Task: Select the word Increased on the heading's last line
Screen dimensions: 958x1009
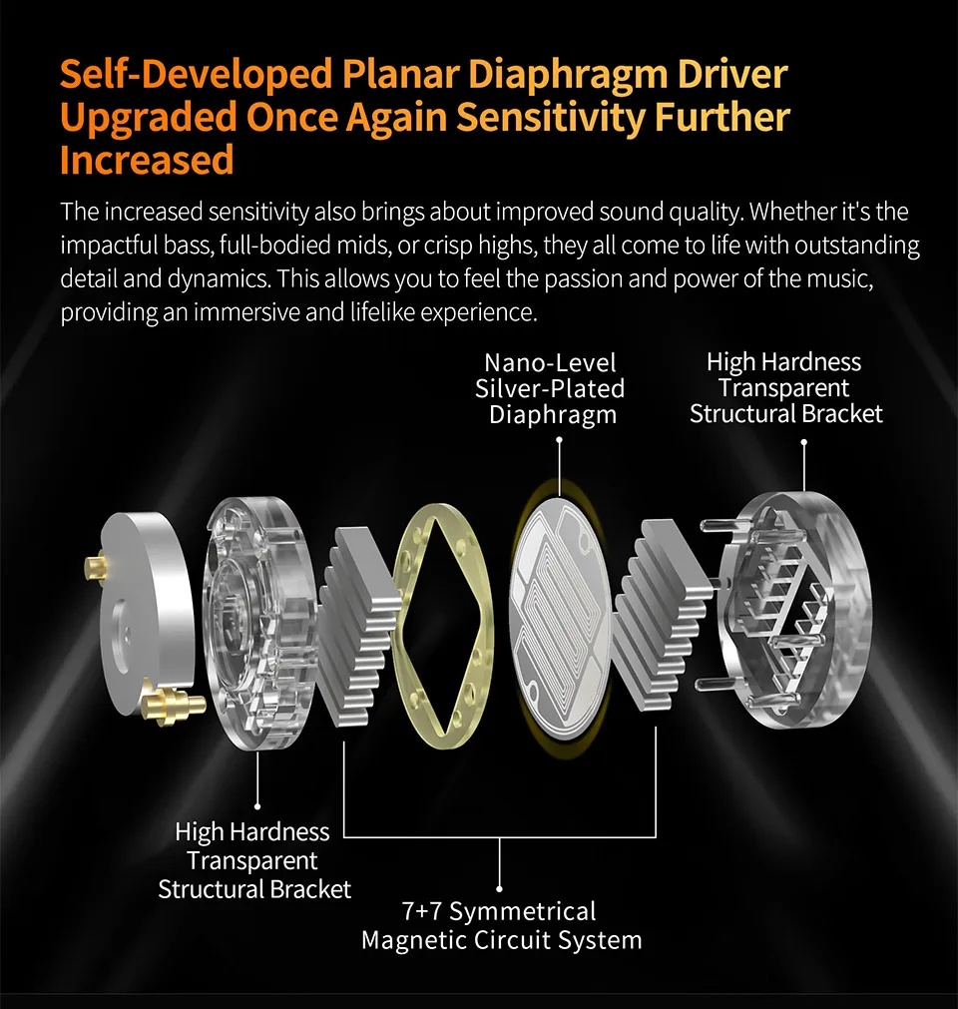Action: (x=147, y=160)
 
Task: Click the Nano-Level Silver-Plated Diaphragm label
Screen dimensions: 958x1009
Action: (x=550, y=388)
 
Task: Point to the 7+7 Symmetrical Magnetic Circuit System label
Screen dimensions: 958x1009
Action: (x=501, y=926)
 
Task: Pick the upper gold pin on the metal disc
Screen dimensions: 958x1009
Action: (x=96, y=567)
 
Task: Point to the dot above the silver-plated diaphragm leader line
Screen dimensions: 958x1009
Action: (x=559, y=439)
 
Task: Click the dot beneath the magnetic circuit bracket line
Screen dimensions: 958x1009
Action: (x=500, y=888)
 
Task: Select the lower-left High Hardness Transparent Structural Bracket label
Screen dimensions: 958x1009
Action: (x=254, y=860)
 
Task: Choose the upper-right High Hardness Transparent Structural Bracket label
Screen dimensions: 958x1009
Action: (x=785, y=388)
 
